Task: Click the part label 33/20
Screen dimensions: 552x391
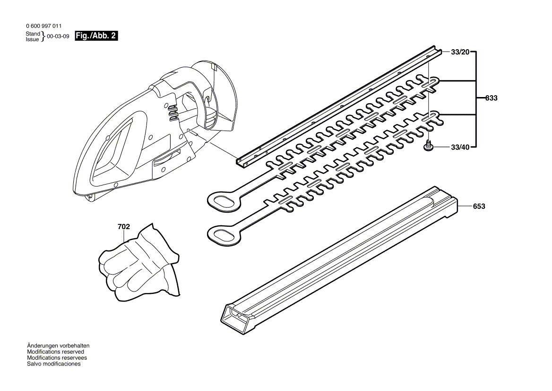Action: pos(460,52)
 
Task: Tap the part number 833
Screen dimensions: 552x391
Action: pos(492,98)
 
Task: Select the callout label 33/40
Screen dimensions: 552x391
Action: pos(460,147)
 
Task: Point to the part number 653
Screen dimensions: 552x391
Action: pos(479,206)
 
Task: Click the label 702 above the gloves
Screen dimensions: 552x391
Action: pos(123,227)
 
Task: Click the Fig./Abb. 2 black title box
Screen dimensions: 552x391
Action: pos(96,36)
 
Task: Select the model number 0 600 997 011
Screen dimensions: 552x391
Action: pos(43,26)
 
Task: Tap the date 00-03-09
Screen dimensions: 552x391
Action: pos(58,36)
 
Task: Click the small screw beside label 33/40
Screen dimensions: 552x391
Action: pos(429,146)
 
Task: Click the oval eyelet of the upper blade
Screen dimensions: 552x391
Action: pos(224,201)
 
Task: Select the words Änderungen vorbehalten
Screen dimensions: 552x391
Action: pos(58,346)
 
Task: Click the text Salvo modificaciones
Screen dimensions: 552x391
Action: pos(54,364)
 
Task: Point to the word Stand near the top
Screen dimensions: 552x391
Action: pos(33,34)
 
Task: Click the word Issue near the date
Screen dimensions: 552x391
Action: pos(32,39)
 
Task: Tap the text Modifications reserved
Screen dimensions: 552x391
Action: pos(56,352)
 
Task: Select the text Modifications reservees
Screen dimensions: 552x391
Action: pos(57,358)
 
